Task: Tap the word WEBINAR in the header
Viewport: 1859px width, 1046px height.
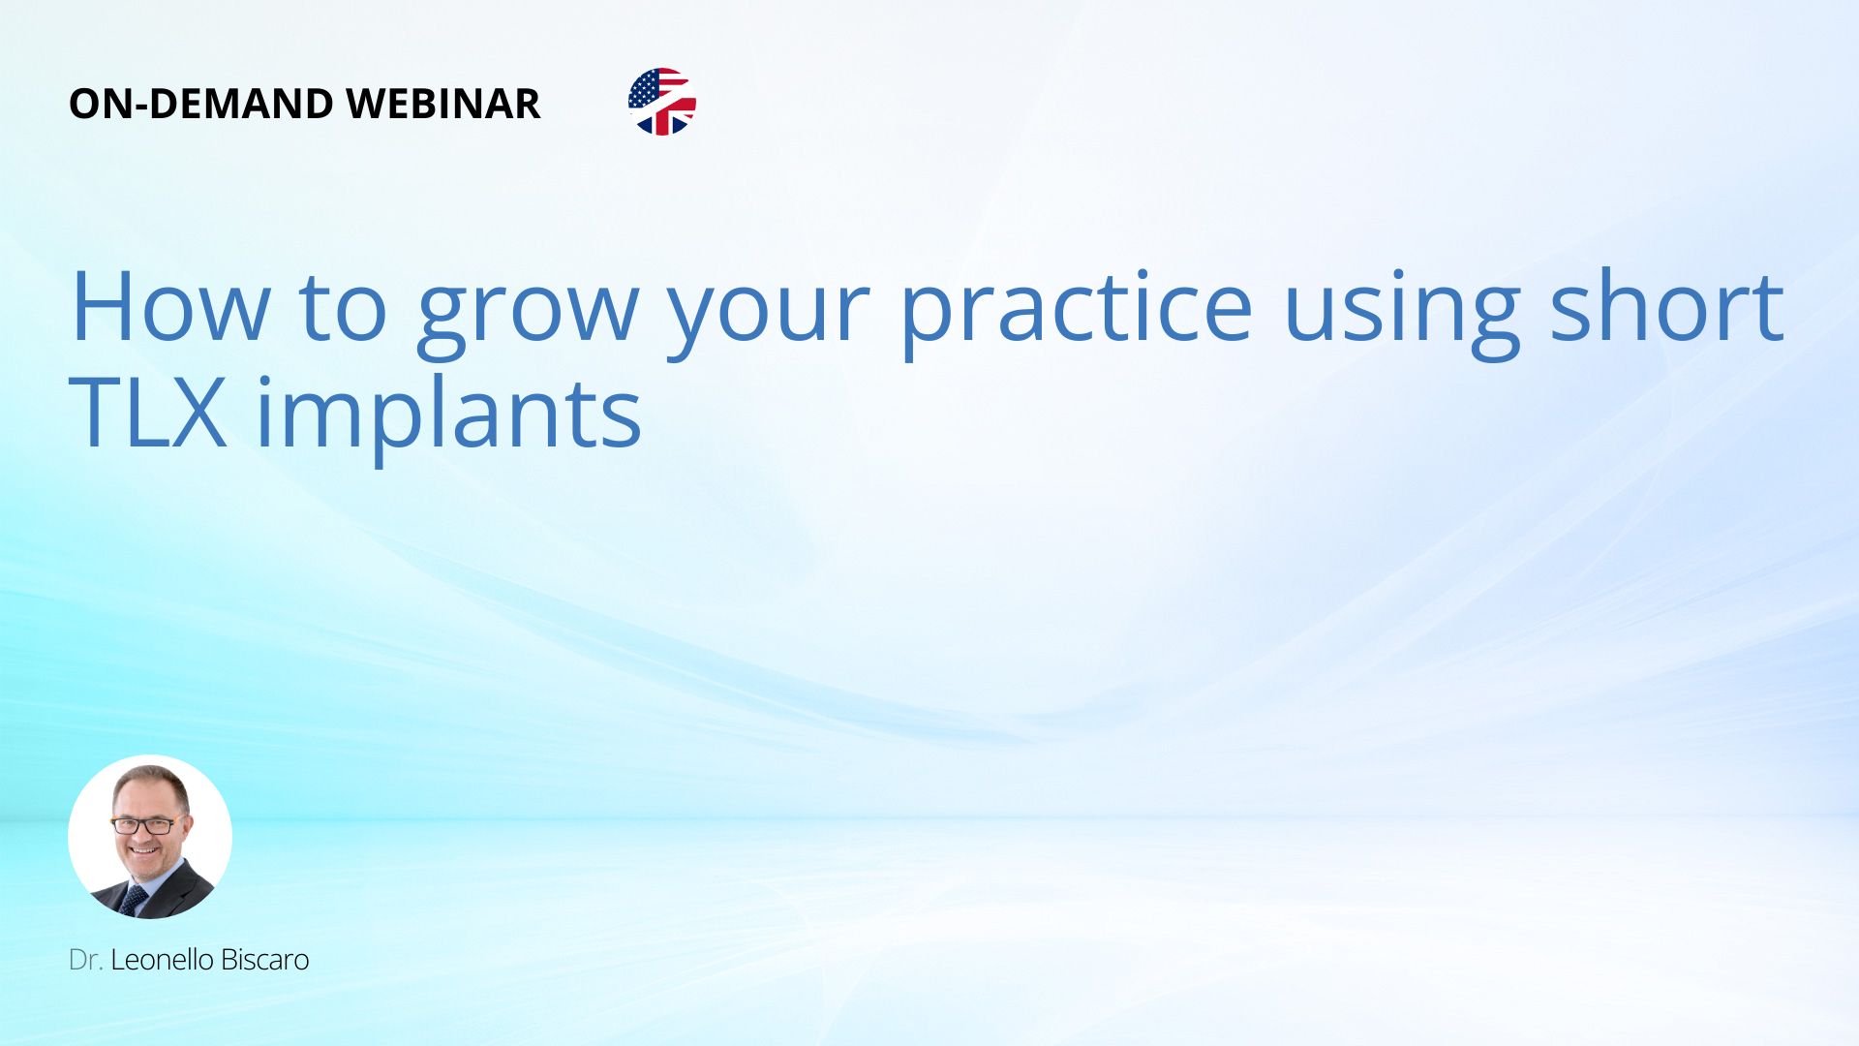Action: coord(442,104)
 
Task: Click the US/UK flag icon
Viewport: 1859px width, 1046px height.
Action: coord(662,102)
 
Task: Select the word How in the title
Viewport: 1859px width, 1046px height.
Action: coord(170,307)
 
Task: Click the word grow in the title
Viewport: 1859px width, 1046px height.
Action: coord(528,315)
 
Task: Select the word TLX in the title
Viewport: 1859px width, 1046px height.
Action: coord(148,413)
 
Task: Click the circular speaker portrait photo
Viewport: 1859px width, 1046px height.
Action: coord(150,837)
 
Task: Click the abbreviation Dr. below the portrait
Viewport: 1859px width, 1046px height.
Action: coord(85,960)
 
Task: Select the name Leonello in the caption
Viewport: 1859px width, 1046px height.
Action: coord(162,960)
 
